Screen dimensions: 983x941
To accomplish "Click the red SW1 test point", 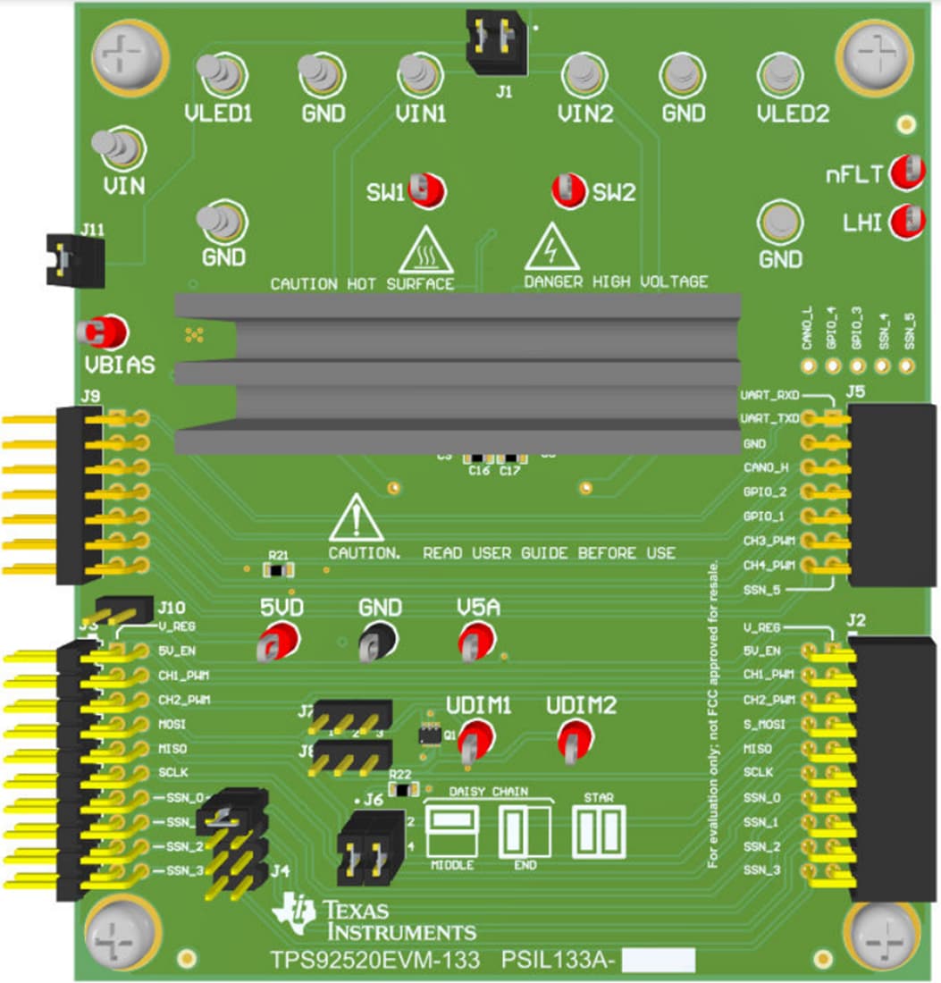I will pyautogui.click(x=428, y=189).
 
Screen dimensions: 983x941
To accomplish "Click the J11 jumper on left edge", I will pyautogui.click(x=75, y=261).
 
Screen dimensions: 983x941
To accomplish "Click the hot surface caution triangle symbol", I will pyautogui.click(x=425, y=250).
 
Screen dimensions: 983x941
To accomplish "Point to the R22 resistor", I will pyautogui.click(x=404, y=788).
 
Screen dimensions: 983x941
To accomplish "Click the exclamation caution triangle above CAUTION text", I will pyautogui.click(x=356, y=518).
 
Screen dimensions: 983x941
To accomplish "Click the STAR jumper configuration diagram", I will pyautogui.click(x=598, y=834).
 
